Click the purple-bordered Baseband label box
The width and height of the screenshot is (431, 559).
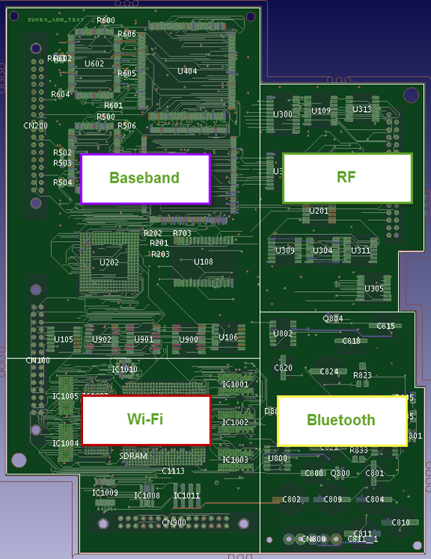pos(145,179)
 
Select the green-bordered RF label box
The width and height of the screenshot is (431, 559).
pos(346,178)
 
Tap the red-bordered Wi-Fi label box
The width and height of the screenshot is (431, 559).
pos(146,420)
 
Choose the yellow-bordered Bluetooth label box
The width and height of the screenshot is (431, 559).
pos(341,420)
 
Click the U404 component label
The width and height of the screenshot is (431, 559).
pos(187,71)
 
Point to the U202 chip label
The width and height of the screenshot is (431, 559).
pos(110,262)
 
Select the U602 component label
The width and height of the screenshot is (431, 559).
pos(94,64)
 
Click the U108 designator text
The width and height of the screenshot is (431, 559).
pos(203,261)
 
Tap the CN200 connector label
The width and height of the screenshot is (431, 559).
pos(35,126)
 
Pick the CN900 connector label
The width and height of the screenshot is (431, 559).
pos(174,523)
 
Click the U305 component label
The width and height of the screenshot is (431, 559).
pos(375,289)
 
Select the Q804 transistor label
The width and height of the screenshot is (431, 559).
pos(333,319)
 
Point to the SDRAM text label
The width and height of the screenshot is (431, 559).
pos(133,456)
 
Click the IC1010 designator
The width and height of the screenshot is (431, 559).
pos(125,370)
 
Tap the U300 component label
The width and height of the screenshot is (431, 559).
pos(283,114)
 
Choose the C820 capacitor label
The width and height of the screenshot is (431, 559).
pos(283,368)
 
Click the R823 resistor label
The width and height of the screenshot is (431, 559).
pos(362,375)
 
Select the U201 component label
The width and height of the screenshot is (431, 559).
pos(319,211)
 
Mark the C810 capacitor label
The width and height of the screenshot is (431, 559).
pos(400,522)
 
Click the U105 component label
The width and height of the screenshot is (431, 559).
pos(63,339)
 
